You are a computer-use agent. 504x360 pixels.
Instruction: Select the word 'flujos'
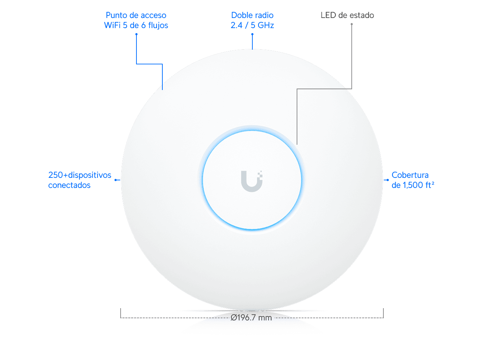[158, 26]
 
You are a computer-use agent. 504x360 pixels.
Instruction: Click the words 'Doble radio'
[252, 15]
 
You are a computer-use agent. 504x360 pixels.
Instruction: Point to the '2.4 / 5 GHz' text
[252, 25]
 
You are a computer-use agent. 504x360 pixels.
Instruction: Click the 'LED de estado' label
[347, 15]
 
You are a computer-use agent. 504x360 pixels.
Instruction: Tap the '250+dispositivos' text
[80, 175]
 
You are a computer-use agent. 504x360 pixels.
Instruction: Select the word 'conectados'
[69, 185]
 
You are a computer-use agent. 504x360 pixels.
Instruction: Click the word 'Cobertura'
[410, 175]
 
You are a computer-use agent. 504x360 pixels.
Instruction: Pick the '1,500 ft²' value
[418, 185]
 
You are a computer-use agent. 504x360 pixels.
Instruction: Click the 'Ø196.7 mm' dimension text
[251, 318]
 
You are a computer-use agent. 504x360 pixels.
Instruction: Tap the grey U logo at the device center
[252, 181]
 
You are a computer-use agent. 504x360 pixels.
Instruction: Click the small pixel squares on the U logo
[260, 175]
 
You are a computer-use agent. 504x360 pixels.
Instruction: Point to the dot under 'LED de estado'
[352, 24]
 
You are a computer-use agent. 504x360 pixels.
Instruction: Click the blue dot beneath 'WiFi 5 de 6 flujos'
[136, 34]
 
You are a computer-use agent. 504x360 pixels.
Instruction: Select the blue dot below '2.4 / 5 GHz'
[252, 34]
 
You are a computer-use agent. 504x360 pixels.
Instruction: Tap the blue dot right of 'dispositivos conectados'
[116, 180]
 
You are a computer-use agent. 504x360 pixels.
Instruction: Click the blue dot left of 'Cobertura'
[388, 180]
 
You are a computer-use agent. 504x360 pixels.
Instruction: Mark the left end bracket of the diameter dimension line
[121, 313]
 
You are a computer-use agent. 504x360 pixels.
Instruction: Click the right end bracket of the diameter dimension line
[383, 313]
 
